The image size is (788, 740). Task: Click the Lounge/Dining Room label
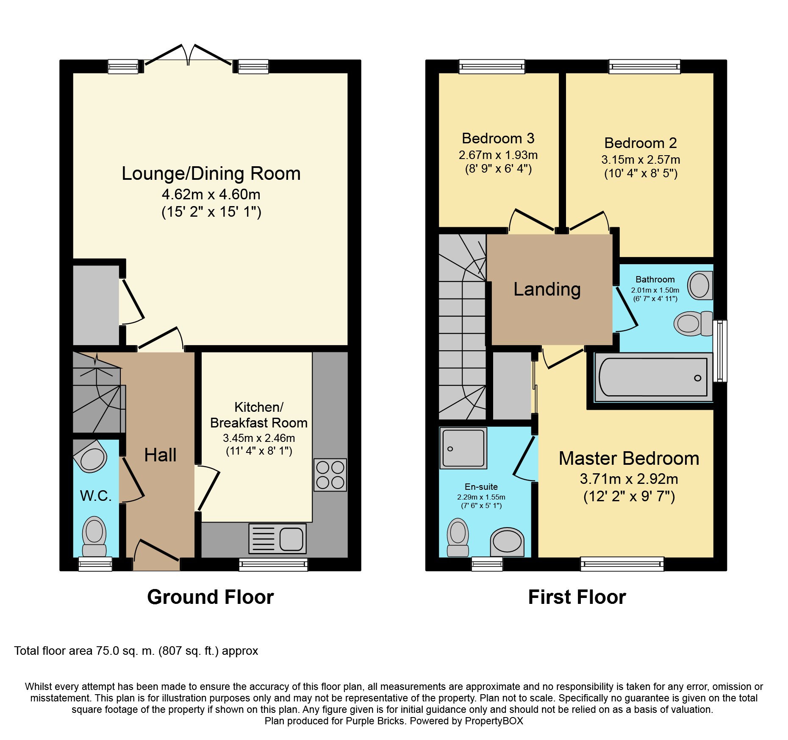(211, 174)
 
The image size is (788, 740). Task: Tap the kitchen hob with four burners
(330, 475)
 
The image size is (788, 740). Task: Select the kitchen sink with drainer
(277, 539)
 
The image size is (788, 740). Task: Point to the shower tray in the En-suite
(463, 448)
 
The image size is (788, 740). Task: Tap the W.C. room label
(96, 496)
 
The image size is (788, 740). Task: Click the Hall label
(160, 455)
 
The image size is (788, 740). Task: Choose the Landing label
(547, 289)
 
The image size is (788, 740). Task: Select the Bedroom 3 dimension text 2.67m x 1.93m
(498, 155)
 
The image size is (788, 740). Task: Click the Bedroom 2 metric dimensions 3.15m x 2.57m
(641, 160)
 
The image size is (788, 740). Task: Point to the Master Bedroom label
(629, 458)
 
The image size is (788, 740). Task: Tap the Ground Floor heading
(211, 597)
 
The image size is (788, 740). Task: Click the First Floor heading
(577, 597)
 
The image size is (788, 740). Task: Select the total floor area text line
(136, 651)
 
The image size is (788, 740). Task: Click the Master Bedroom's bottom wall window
(622, 564)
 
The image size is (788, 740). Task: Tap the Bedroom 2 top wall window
(644, 67)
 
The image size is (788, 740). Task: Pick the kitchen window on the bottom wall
(274, 564)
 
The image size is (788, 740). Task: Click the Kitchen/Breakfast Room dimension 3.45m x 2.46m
(259, 438)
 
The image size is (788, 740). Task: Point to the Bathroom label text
(655, 279)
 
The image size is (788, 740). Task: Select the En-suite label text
(481, 487)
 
